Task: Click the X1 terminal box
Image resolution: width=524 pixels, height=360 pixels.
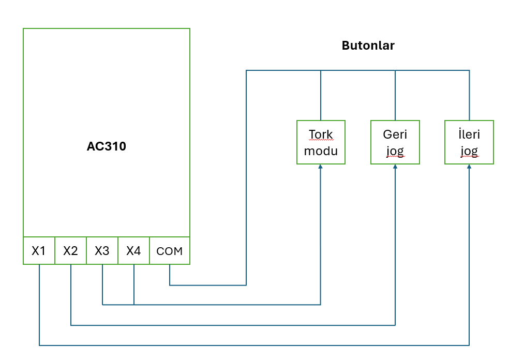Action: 39,251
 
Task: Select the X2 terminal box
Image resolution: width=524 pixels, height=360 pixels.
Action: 70,251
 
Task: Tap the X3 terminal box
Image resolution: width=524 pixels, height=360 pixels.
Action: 102,251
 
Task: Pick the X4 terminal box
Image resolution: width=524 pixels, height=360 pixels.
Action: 133,251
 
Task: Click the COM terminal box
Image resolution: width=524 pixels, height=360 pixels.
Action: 170,251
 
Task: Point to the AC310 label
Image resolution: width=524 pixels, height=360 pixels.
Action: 107,146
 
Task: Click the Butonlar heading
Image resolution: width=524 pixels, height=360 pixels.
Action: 368,46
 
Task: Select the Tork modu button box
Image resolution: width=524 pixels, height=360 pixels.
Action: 321,142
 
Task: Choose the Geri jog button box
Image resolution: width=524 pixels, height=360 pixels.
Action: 395,142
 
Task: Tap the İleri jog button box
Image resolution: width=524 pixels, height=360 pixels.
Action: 469,142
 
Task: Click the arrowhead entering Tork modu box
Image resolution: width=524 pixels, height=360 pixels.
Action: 321,167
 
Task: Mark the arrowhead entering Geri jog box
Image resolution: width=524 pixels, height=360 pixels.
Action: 395,167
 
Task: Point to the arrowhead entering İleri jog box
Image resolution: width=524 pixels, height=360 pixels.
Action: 469,167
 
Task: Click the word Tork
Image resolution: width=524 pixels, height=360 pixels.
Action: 321,134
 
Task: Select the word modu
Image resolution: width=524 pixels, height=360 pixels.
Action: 321,151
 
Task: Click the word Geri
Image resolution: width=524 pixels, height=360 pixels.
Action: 395,134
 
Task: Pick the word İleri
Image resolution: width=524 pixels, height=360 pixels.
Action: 469,134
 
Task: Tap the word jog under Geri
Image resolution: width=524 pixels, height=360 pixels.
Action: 395,151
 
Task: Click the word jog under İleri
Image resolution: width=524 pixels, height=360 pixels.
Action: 469,151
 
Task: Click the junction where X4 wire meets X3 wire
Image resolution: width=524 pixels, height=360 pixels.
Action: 134,305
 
